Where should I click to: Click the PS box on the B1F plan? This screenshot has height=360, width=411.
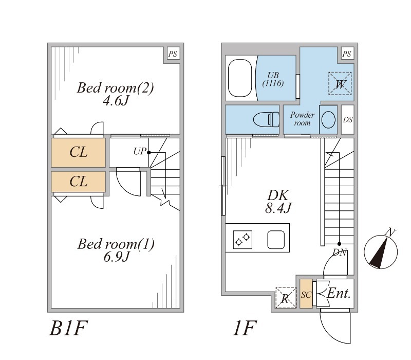(173, 53)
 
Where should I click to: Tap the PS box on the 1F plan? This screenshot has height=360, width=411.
(347, 53)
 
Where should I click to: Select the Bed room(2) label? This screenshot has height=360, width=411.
(115, 88)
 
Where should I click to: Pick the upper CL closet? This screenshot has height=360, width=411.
(79, 152)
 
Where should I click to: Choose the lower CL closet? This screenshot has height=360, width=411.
(79, 181)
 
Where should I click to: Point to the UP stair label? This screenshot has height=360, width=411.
(140, 152)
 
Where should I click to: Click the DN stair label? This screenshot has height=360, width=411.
(340, 252)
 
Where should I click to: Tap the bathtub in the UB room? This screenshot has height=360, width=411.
(239, 79)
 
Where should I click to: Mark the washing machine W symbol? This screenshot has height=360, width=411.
(340, 83)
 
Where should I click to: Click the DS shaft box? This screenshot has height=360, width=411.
(348, 120)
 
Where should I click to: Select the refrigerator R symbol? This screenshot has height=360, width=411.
(286, 298)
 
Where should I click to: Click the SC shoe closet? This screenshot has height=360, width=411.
(306, 294)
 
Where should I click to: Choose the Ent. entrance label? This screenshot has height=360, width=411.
(339, 294)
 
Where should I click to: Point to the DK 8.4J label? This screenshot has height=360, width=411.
(279, 202)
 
